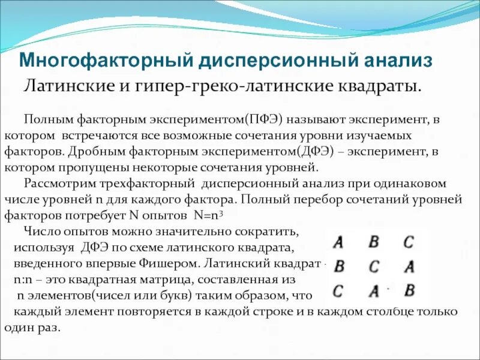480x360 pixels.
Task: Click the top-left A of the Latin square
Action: pyautogui.click(x=338, y=242)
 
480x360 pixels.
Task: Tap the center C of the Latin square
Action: pyautogui.click(x=374, y=266)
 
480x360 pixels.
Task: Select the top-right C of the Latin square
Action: pyautogui.click(x=409, y=242)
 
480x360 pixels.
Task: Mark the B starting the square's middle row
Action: pyautogui.click(x=339, y=266)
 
